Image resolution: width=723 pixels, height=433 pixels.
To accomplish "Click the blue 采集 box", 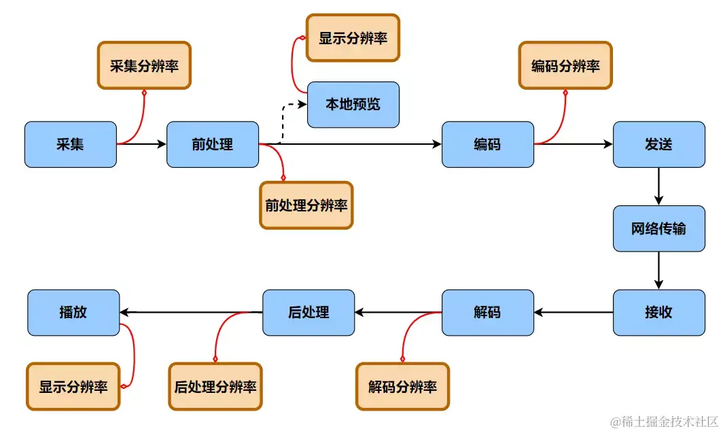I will click(71, 144).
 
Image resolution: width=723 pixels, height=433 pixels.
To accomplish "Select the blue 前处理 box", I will click(213, 144).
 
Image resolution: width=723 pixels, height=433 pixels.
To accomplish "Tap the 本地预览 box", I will click(353, 105).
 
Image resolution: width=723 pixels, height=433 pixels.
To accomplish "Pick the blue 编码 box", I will click(487, 144).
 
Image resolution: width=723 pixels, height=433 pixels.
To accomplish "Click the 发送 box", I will click(658, 144).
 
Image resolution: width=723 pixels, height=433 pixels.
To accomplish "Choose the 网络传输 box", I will click(658, 228).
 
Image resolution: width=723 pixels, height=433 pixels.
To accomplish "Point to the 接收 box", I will click(658, 313).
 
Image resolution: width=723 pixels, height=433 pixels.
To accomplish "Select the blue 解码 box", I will click(487, 313).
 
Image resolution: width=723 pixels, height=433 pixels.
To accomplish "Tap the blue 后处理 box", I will click(308, 313).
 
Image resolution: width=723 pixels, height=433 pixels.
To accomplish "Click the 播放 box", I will click(73, 313).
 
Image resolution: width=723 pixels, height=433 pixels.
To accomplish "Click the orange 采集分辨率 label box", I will click(144, 65).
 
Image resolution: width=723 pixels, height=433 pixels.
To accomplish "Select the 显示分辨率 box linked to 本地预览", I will click(353, 37).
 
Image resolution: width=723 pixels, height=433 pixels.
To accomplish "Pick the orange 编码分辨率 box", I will click(565, 65).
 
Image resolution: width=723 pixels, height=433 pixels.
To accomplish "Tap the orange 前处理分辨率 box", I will click(306, 205).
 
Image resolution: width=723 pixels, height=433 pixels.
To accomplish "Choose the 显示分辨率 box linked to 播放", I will click(73, 387).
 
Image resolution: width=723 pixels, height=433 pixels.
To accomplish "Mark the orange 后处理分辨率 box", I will click(215, 387).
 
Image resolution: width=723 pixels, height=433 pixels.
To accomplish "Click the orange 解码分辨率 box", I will click(403, 387).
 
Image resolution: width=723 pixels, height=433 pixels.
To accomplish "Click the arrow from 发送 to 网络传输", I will click(658, 186).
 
